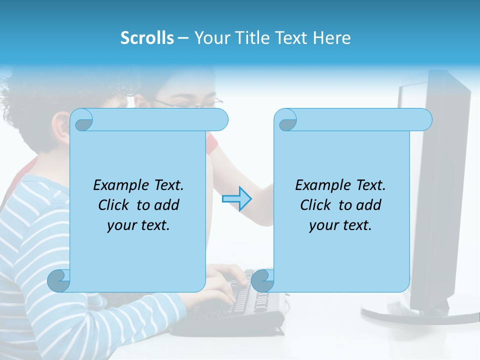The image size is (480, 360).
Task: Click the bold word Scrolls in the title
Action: [147, 38]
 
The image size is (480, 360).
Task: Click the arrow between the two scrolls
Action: [236, 198]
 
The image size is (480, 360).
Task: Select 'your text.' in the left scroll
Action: [138, 225]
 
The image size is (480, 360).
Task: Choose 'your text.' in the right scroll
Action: [340, 225]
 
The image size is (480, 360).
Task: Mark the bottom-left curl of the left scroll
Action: [59, 280]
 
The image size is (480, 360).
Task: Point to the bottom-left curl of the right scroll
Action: [262, 280]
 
